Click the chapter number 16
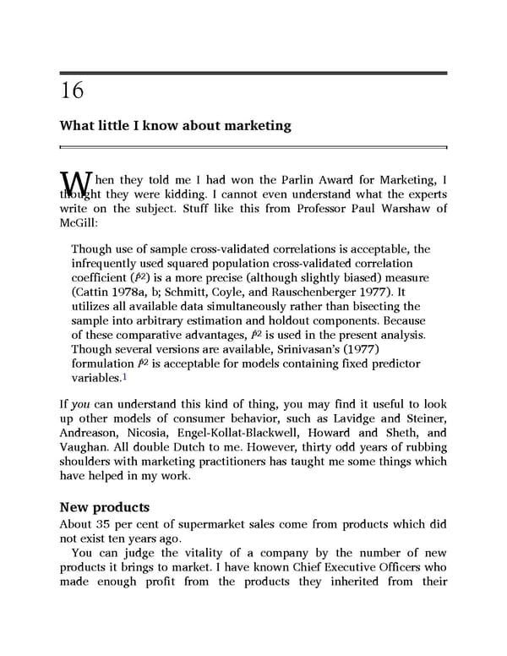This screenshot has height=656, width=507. [x=72, y=90]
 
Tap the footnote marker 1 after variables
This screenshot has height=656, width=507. [x=125, y=377]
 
